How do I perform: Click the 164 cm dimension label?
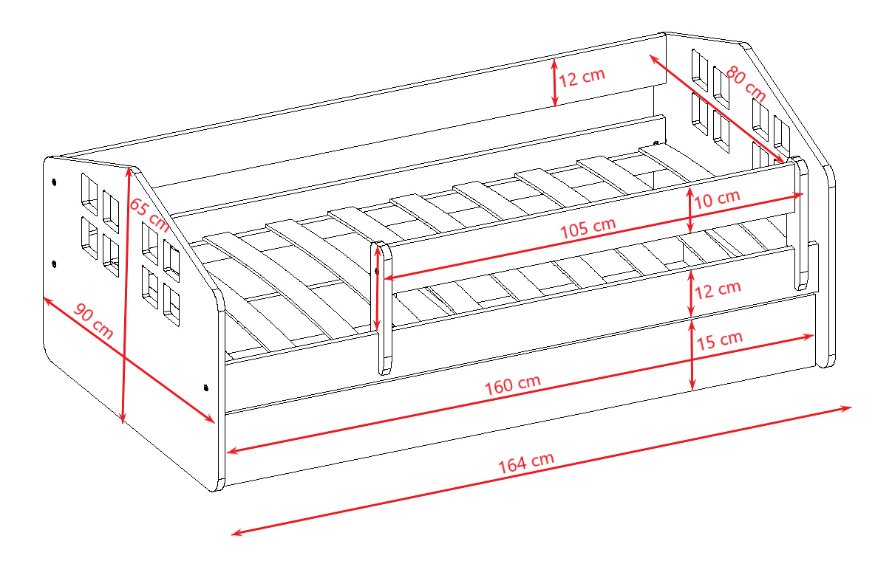(525, 462)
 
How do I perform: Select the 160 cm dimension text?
(512, 385)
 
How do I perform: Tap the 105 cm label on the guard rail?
(588, 227)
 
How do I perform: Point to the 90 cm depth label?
(93, 321)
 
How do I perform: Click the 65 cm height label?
(149, 215)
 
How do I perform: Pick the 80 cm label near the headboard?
(746, 83)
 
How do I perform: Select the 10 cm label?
(717, 198)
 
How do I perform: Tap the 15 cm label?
(719, 340)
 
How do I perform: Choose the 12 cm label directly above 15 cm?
(718, 289)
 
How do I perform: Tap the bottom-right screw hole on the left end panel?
(206, 388)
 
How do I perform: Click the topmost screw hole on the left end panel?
(54, 182)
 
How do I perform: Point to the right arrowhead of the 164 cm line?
(846, 409)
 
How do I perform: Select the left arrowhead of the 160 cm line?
(233, 450)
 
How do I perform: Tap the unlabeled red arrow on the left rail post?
(378, 289)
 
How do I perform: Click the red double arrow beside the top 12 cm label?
(554, 83)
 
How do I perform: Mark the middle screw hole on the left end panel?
(54, 264)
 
